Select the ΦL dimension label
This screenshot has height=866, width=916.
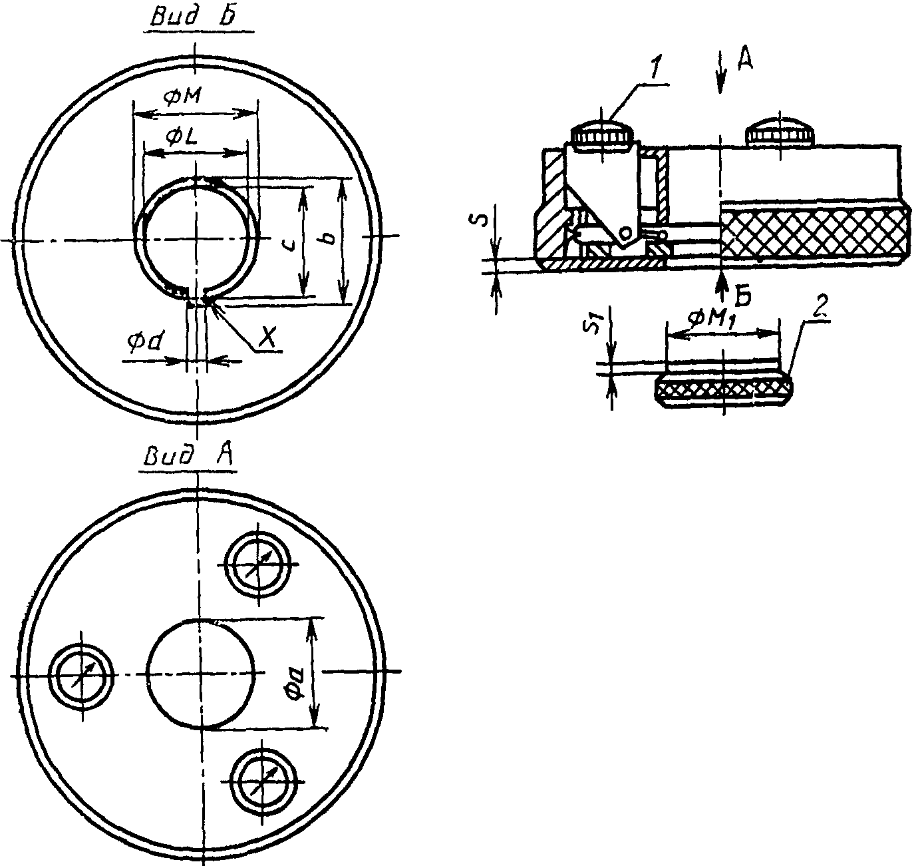tap(184, 138)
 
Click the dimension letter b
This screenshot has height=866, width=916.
tap(329, 240)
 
